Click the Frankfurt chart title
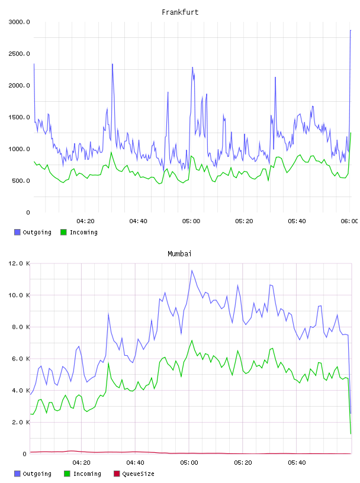(180, 12)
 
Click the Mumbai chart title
(179, 254)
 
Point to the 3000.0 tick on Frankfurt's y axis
(19, 22)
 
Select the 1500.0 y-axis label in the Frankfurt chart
(19, 117)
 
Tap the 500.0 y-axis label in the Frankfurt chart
(21, 181)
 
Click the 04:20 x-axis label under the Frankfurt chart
(85, 221)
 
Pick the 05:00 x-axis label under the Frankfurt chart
(191, 221)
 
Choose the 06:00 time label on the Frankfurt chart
(349, 221)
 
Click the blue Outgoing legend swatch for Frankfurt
(17, 232)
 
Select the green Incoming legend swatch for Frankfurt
(63, 232)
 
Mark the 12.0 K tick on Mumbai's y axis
(19, 263)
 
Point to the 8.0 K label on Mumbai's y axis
(21, 327)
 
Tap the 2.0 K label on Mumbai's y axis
(21, 422)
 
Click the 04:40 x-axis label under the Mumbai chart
(136, 463)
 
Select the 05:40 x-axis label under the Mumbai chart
(297, 463)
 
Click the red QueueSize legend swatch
(117, 474)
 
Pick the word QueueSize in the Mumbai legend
(138, 474)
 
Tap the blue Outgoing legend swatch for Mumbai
(17, 474)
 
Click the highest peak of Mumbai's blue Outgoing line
(192, 271)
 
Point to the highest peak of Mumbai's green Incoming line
(192, 340)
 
